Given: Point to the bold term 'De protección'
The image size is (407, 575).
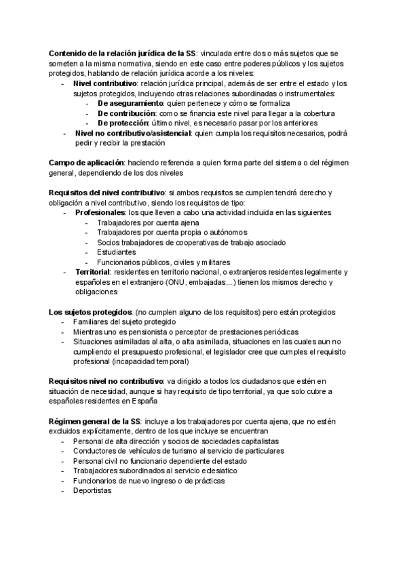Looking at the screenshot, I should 123,123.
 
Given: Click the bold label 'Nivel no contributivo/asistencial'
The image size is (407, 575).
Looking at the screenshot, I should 133,134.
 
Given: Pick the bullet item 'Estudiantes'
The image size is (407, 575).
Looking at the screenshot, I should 117,252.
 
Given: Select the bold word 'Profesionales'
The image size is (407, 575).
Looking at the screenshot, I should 104,212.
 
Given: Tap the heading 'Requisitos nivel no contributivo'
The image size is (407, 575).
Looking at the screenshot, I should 105,382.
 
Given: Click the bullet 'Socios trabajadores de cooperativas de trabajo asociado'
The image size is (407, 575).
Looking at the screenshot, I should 191,242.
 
